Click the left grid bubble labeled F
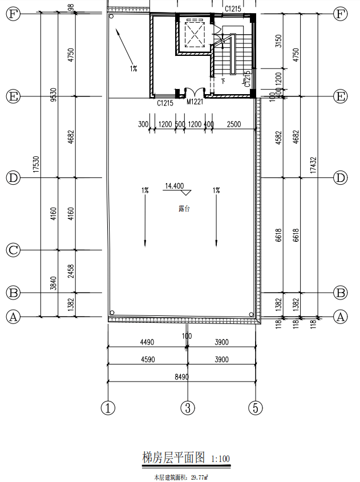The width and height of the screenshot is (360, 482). click(x=13, y=14)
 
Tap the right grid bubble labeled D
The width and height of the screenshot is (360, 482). click(x=341, y=178)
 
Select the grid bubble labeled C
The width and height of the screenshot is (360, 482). click(x=13, y=250)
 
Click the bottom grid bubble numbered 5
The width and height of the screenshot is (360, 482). click(x=255, y=408)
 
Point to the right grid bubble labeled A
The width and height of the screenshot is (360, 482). click(x=341, y=317)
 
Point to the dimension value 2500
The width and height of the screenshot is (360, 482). click(x=234, y=124)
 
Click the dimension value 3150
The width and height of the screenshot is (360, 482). click(x=278, y=42)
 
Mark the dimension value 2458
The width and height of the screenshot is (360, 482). click(x=70, y=272)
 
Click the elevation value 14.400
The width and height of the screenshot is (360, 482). click(x=174, y=186)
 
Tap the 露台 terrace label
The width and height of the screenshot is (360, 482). click(x=184, y=209)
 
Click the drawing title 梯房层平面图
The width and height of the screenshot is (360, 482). click(x=173, y=457)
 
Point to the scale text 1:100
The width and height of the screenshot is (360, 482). click(x=220, y=459)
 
